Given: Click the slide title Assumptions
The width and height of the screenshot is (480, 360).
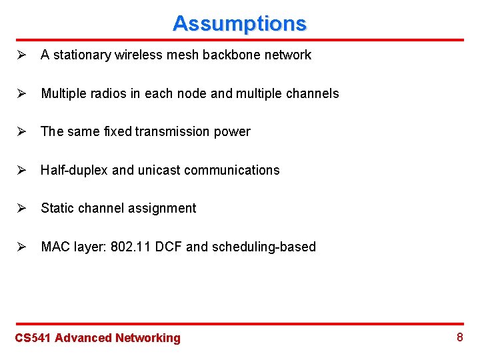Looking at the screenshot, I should (239, 23).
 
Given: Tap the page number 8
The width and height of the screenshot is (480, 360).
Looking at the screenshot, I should (459, 337).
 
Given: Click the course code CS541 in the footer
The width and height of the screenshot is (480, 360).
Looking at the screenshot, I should (33, 338).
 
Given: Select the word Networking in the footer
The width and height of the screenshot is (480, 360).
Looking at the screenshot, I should (148, 338).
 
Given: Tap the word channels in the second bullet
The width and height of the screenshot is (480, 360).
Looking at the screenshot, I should (312, 93).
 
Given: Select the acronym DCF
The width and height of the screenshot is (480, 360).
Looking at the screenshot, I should (169, 247).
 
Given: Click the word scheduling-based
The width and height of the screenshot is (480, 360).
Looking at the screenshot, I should (263, 247).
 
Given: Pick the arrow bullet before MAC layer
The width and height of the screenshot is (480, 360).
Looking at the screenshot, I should (21, 247).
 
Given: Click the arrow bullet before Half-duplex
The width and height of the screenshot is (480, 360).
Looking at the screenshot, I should (21, 170).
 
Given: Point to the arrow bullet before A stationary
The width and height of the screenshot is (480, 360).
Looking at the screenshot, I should (21, 55).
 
